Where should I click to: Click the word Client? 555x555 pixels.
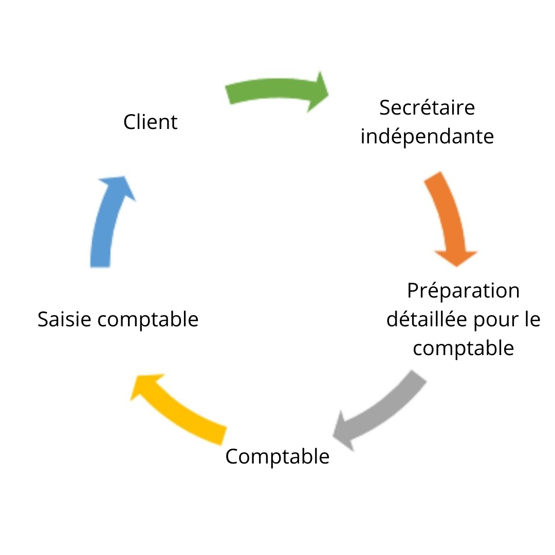click(x=151, y=122)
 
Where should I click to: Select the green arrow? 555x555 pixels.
click(x=272, y=91)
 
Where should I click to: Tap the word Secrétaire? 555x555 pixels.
click(x=427, y=108)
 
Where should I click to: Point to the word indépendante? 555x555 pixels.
click(x=427, y=137)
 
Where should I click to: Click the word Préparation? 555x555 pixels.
click(x=463, y=291)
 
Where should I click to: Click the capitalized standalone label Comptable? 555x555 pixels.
click(x=277, y=456)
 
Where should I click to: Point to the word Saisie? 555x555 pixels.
click(x=65, y=320)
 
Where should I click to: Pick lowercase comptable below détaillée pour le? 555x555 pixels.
click(x=463, y=348)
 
